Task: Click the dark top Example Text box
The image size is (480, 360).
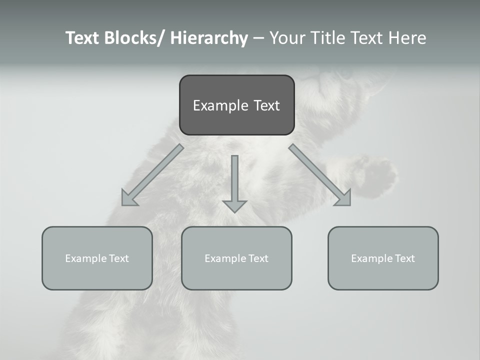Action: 236,105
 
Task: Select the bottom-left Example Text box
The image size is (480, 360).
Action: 97,258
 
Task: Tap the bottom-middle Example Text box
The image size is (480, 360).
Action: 236,258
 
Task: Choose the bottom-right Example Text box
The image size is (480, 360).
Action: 383,258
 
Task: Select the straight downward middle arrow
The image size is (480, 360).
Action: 234,182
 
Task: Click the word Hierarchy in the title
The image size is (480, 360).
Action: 209,38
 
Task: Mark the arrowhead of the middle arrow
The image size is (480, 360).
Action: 234,205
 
